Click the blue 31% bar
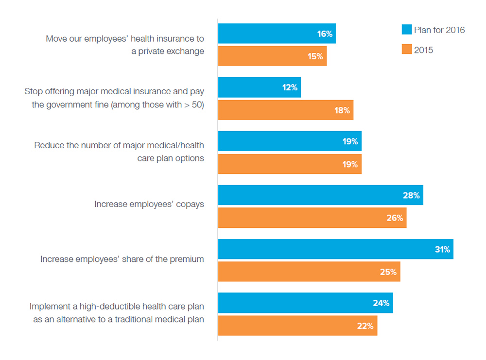pos(335,249)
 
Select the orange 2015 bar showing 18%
pos(285,110)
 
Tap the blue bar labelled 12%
pos(259,87)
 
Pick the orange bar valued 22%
pos(297,326)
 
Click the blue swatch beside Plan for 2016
pos(407,30)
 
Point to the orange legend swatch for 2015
pos(407,50)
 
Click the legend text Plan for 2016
pos(439,30)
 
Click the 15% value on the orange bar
pos(315,56)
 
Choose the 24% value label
pos(382,303)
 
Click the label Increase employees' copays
pos(149,205)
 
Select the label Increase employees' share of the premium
pos(122,259)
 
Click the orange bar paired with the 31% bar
pos(309,272)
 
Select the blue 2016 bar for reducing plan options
pos(289,141)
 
